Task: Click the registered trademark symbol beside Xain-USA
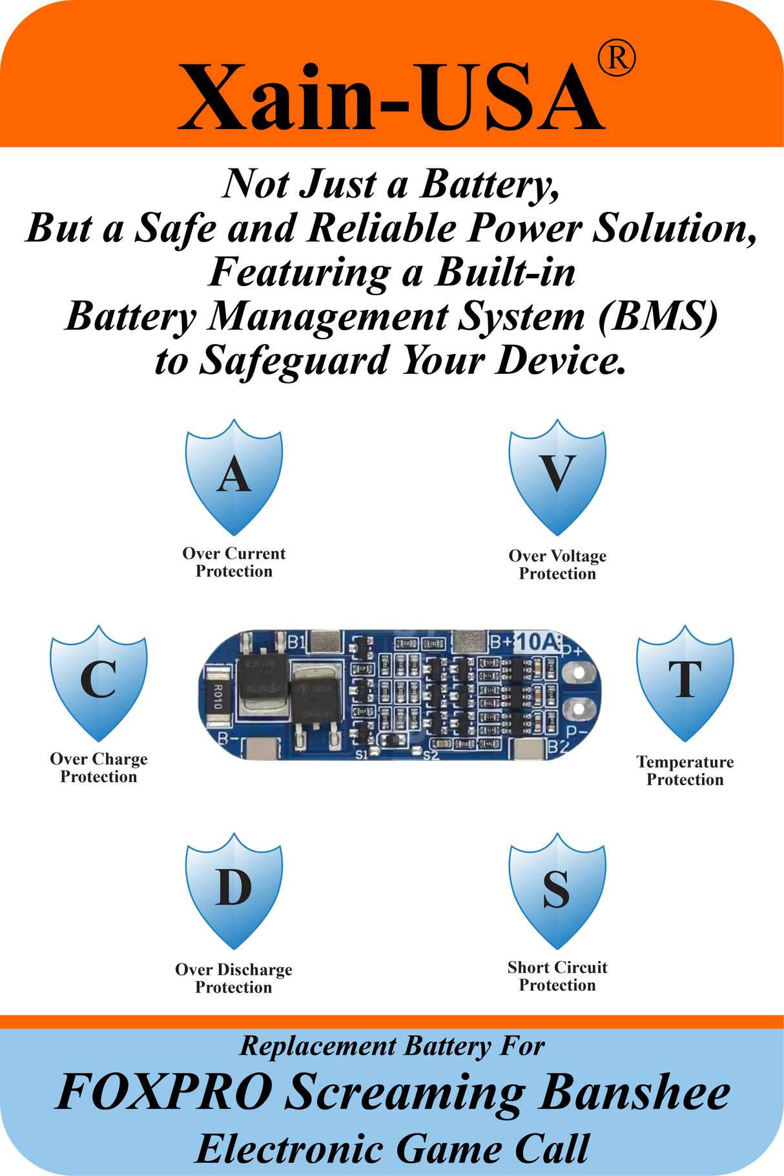(x=617, y=59)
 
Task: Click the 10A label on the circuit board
(x=537, y=642)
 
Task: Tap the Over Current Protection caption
(x=234, y=562)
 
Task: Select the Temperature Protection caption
(x=685, y=770)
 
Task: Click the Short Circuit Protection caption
(x=557, y=976)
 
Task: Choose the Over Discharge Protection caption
(x=234, y=978)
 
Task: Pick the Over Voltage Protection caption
(x=557, y=564)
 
